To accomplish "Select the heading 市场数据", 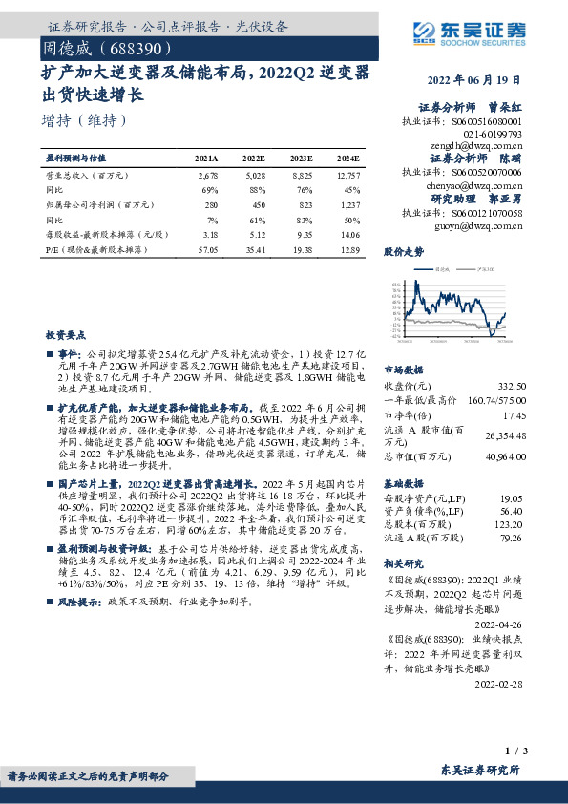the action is pos(403,368).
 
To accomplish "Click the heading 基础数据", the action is pos(403,483).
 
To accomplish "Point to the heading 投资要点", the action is pos(63,335).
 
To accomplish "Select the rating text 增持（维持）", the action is pos(84,122).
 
